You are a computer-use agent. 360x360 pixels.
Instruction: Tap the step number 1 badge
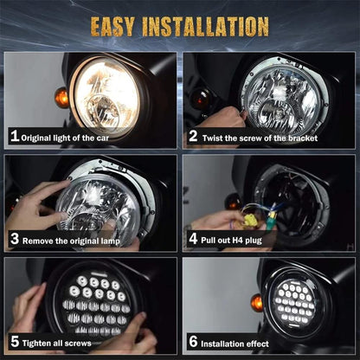click(14, 136)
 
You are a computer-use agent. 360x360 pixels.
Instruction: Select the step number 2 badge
click(193, 136)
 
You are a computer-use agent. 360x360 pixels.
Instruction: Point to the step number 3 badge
click(14, 239)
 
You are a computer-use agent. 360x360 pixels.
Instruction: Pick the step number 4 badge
click(193, 239)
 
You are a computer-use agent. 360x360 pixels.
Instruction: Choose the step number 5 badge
click(14, 341)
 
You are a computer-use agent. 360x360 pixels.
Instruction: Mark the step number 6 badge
click(193, 341)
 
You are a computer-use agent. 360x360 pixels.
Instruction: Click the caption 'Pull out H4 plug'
click(237, 239)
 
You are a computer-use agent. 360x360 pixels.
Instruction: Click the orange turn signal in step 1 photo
click(61, 98)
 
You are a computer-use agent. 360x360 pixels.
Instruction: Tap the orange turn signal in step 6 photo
click(257, 302)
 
